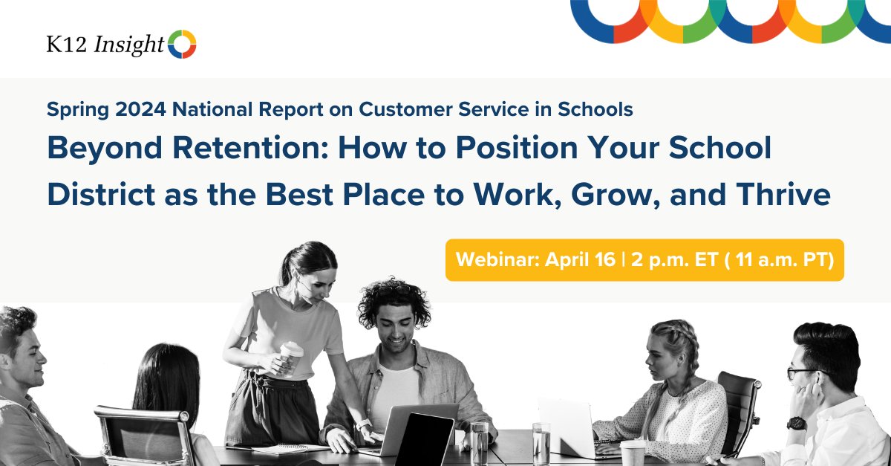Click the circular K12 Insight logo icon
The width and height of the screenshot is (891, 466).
click(182, 45)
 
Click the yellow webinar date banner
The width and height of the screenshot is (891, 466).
click(644, 260)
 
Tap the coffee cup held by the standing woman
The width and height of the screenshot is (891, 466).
click(290, 357)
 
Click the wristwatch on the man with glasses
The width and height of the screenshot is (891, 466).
click(797, 423)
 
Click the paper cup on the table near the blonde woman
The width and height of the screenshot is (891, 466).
click(633, 453)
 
